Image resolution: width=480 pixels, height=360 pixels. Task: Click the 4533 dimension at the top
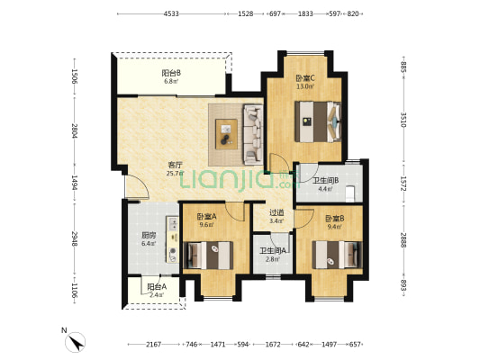[171, 13]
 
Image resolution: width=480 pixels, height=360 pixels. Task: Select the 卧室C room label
[305, 78]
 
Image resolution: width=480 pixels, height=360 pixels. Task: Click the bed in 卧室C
[318, 121]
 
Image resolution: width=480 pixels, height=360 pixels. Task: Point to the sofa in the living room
[253, 135]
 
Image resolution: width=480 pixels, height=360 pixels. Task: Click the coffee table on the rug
[226, 134]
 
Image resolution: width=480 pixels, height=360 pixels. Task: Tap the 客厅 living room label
[175, 166]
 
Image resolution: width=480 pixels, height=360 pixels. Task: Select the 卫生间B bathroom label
[326, 181]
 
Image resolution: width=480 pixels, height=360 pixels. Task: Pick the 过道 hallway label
[276, 212]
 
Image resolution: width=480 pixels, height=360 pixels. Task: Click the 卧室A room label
[206, 217]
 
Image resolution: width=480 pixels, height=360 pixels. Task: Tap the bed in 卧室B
[337, 255]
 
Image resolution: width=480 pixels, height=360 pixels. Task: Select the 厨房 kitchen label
[149, 236]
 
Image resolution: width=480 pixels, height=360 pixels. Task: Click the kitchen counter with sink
[172, 239]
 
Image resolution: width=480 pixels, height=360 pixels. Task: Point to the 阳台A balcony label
[157, 287]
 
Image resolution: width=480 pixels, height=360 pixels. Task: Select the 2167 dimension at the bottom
[153, 345]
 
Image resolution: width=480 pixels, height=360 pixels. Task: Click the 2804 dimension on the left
[74, 130]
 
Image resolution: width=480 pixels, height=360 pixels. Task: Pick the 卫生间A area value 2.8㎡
[273, 259]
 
